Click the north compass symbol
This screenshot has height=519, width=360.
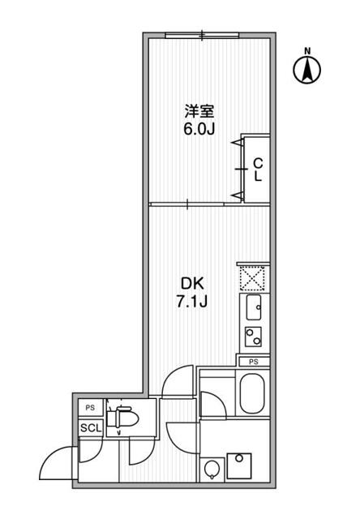tap(307, 71)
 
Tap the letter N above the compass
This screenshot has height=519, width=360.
tap(308, 50)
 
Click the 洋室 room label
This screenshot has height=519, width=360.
tap(199, 111)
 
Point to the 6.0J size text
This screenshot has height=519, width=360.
tap(199, 130)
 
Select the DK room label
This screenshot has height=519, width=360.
tap(192, 283)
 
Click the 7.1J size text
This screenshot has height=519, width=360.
tap(192, 302)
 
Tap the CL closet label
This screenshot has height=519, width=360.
tap(258, 169)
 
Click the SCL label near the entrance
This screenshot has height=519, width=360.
tap(91, 428)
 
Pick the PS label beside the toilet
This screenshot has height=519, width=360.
tap(90, 408)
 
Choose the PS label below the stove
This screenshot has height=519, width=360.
tap(254, 362)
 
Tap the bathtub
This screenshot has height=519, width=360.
tap(252, 394)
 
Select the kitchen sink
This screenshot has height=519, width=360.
tap(254, 307)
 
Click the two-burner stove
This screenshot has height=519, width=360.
tap(254, 337)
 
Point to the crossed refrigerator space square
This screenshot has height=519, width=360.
tap(252, 278)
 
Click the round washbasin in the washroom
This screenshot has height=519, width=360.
tap(212, 470)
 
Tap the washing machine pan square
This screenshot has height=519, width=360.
tap(239, 466)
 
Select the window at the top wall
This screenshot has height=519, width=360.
tap(202, 35)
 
